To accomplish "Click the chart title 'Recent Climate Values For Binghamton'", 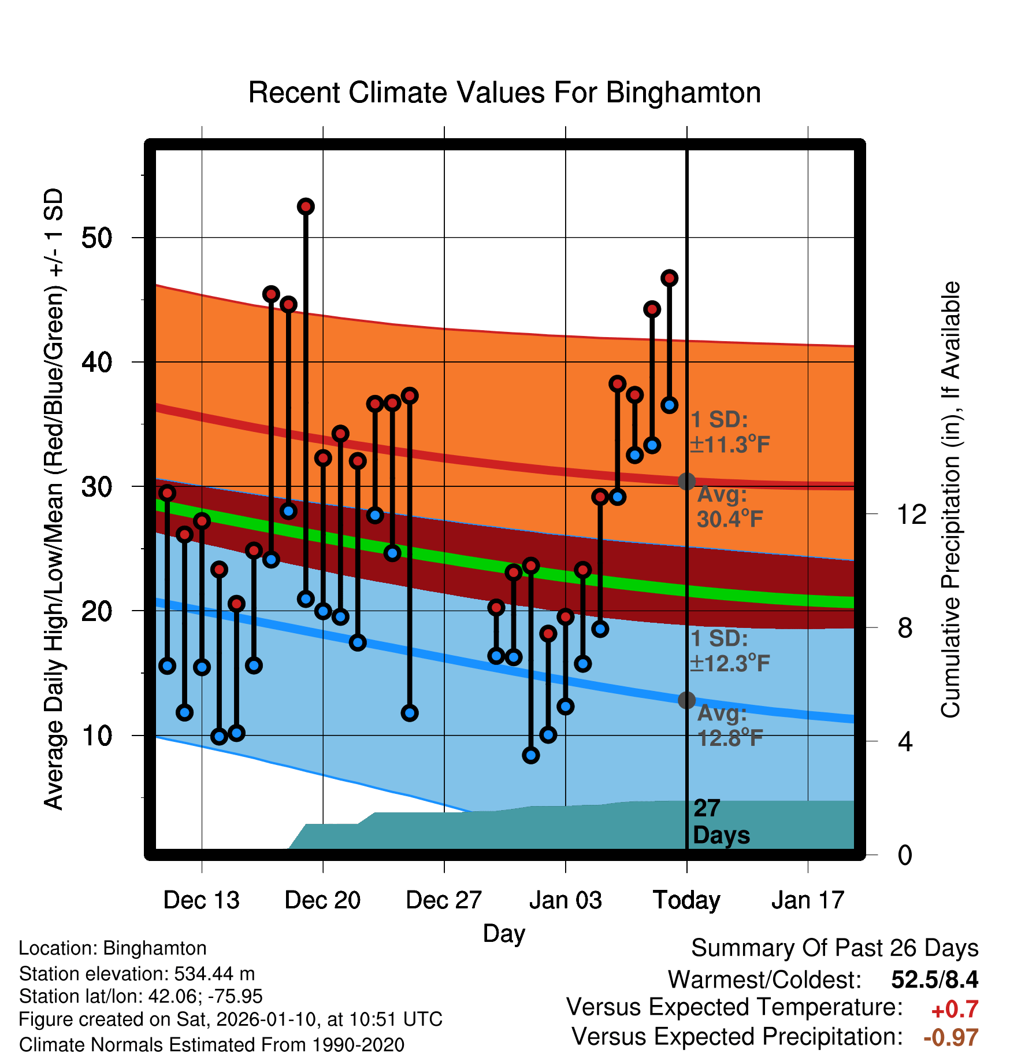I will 504,93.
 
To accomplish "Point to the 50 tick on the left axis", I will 96,238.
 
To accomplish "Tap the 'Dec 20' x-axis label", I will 322,900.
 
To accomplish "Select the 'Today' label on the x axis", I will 686,900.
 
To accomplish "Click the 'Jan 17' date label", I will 808,900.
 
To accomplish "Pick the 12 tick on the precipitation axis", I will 912,514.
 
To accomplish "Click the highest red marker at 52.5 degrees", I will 306,206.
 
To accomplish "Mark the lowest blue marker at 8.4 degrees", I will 531,755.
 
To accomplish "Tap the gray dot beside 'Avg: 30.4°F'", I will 686,481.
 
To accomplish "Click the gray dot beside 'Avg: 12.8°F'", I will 686,700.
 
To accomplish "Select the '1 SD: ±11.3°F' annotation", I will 729,432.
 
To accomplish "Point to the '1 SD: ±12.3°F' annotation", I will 729,651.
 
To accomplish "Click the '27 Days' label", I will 721,822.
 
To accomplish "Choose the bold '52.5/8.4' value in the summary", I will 934,979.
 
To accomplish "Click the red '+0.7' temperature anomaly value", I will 955,1009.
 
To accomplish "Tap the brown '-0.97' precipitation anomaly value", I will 950,1037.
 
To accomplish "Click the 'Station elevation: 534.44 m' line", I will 137,974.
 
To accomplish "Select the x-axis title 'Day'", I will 504,933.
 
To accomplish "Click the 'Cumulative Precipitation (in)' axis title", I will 950,500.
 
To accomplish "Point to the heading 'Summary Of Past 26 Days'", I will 834,948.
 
